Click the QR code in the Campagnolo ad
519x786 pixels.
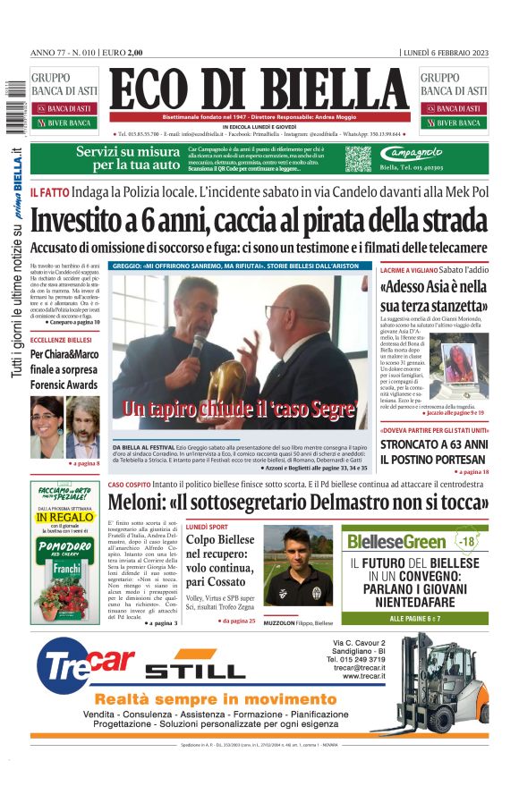tap(358, 159)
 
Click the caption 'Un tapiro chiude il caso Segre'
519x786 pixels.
tap(239, 410)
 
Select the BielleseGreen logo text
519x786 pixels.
tap(397, 542)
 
